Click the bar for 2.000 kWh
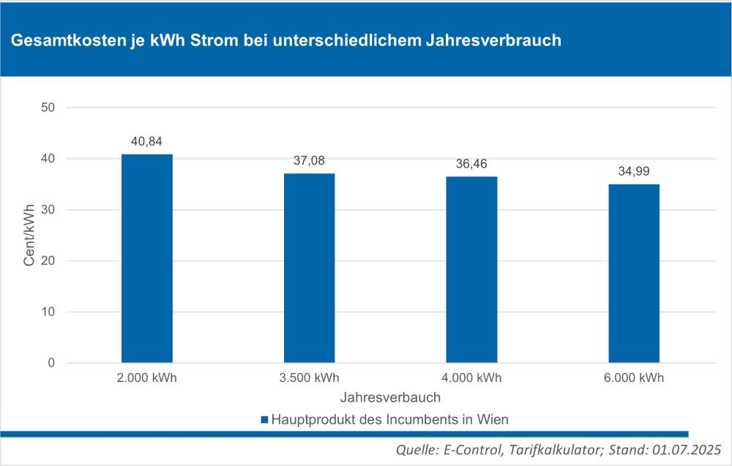click(x=146, y=258)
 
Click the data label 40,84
click(x=146, y=141)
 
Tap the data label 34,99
click(x=634, y=171)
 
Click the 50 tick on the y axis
click(x=48, y=108)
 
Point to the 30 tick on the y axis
click(x=48, y=210)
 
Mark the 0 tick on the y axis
click(x=51, y=363)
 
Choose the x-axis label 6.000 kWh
click(x=634, y=378)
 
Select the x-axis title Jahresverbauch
click(x=390, y=398)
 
